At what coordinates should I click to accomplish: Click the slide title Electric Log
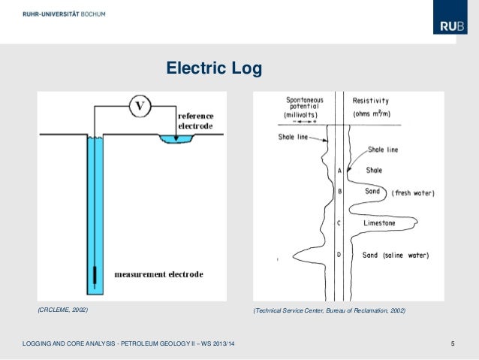click(214, 69)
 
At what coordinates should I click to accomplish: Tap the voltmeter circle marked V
click(139, 107)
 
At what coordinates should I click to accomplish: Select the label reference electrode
click(195, 121)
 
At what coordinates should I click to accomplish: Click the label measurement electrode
click(158, 274)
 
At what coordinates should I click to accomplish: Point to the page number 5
click(453, 344)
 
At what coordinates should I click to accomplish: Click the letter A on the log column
click(339, 171)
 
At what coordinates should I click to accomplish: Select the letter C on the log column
click(339, 223)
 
